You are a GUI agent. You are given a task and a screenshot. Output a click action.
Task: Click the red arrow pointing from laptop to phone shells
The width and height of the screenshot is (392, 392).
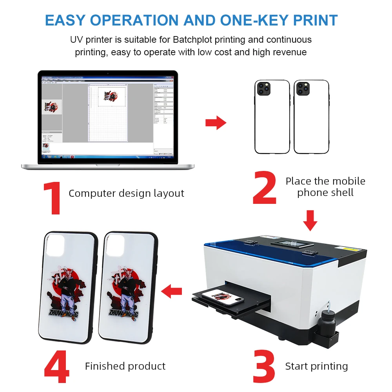[x=216, y=123]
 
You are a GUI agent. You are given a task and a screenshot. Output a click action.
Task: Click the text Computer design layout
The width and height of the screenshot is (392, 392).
[x=126, y=193]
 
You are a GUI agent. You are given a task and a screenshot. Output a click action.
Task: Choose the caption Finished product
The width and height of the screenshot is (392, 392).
[x=125, y=366]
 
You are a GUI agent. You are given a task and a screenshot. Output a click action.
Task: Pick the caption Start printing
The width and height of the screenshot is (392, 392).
[x=316, y=366]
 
